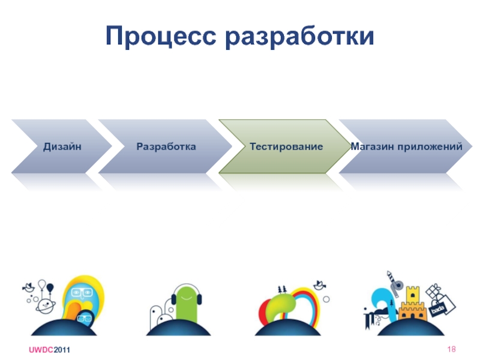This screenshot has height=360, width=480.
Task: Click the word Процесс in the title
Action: point(161,36)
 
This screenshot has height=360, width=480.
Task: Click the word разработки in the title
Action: point(299,37)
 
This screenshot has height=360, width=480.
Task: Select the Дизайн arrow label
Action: point(62,146)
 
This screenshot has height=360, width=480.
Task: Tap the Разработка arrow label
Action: point(166,146)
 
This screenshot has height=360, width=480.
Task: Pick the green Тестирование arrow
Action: point(284,146)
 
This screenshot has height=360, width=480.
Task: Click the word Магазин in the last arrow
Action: point(372,146)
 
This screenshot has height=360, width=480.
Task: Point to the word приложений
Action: point(430,146)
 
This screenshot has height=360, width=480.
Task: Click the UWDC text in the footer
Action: point(41,350)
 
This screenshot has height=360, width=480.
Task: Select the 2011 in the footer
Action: point(62,350)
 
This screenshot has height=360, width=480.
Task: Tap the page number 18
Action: point(452,349)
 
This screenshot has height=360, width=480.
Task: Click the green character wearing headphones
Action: point(187,303)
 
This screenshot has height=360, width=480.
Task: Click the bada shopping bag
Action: point(443,306)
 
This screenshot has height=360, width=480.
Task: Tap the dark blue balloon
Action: point(50,288)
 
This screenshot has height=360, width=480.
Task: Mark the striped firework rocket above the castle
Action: point(392,283)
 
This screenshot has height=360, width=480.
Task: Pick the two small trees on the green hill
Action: point(282,289)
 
